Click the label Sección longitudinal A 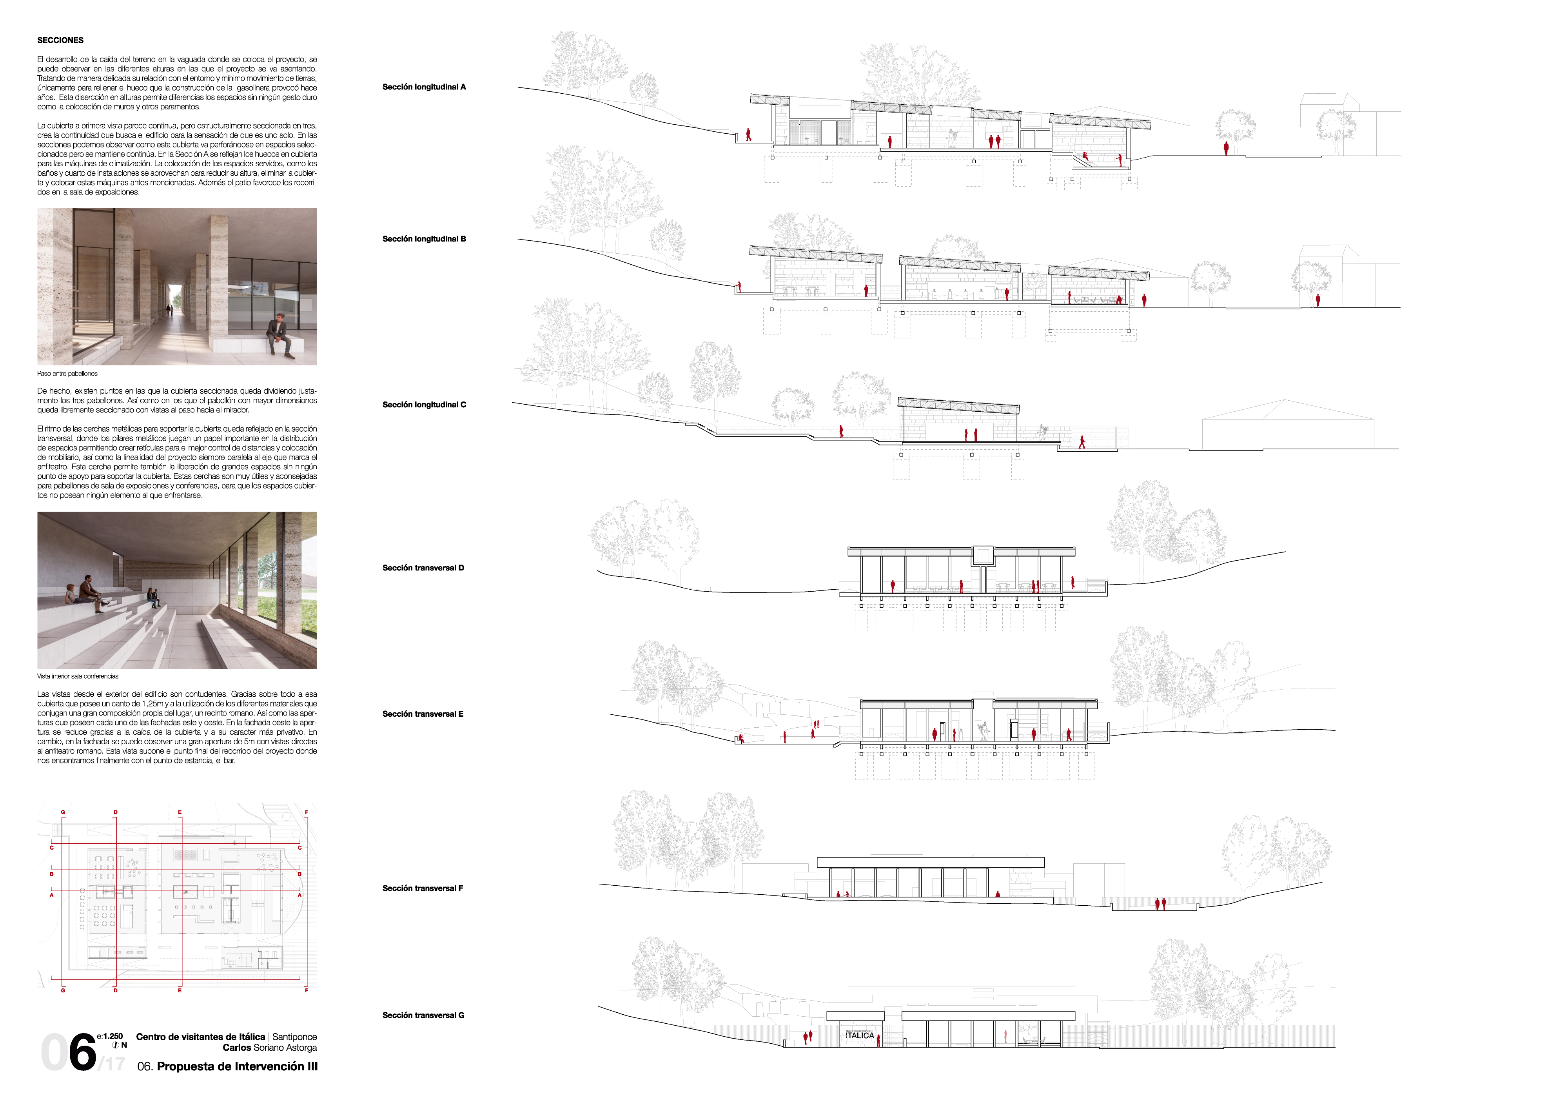(x=424, y=87)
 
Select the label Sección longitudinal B (x=424, y=239)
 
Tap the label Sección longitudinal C (x=424, y=404)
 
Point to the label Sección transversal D (x=423, y=568)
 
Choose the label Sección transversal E (x=423, y=714)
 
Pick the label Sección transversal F (x=423, y=888)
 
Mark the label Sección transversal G (x=423, y=1015)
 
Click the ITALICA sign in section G (x=859, y=1035)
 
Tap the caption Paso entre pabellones (x=67, y=374)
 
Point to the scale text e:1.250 (x=110, y=1036)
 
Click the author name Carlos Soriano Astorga (x=270, y=1047)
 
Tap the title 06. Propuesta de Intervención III (x=227, y=1066)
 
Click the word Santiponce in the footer (x=294, y=1037)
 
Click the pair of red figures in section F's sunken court (x=1160, y=904)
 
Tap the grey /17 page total (x=113, y=1064)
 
